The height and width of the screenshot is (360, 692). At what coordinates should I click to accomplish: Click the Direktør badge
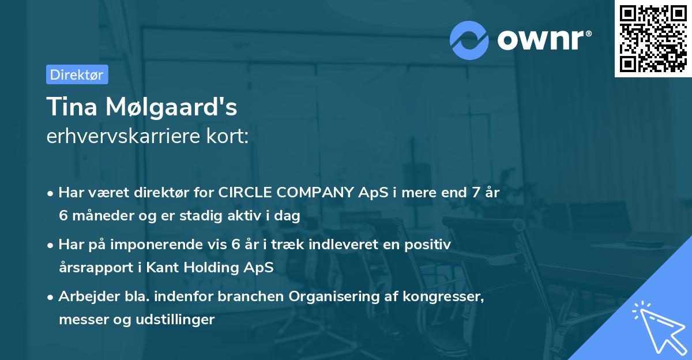tap(77, 74)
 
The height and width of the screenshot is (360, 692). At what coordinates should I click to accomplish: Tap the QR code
tap(653, 39)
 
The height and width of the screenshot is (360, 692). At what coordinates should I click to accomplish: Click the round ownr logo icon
tap(469, 40)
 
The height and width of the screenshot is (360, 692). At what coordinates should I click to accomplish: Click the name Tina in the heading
tap(69, 107)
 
